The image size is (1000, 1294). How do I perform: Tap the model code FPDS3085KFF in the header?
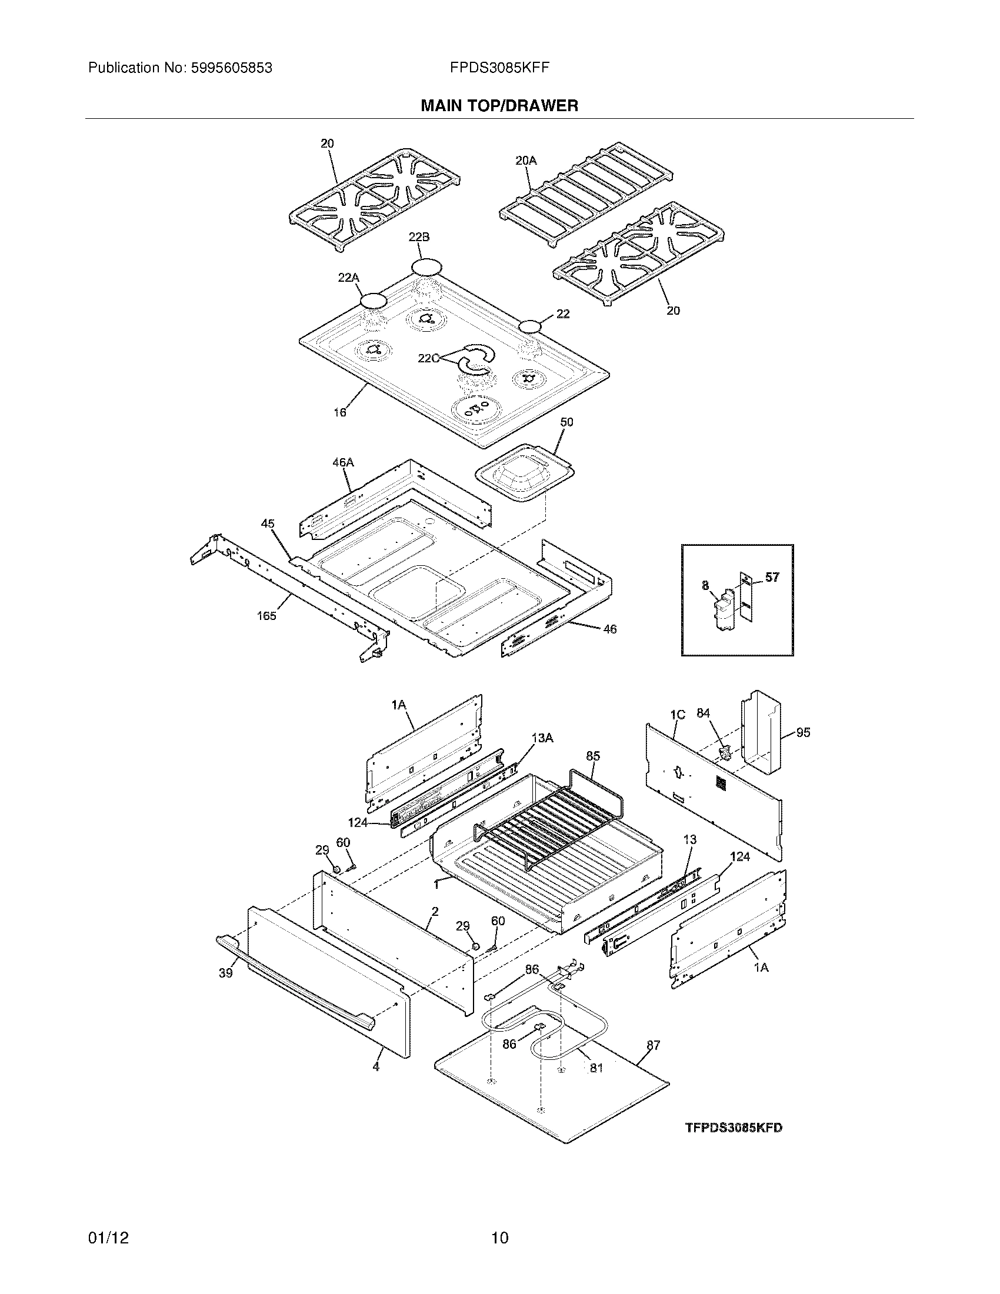[499, 68]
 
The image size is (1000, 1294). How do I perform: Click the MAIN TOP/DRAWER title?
[499, 106]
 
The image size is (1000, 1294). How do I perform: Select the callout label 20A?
[525, 160]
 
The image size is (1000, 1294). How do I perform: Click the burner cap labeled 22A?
[372, 301]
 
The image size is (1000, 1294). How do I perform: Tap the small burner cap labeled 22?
[531, 326]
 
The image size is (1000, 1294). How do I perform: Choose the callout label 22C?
[428, 358]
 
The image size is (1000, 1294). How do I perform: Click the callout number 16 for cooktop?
[339, 412]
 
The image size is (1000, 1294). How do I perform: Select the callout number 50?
[566, 422]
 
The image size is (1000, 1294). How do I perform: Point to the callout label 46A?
[342, 462]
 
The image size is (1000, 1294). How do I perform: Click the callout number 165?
[266, 616]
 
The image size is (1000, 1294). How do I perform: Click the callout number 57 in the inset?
[772, 576]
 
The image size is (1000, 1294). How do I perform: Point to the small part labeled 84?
[725, 753]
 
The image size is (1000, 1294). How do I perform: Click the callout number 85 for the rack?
[593, 756]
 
